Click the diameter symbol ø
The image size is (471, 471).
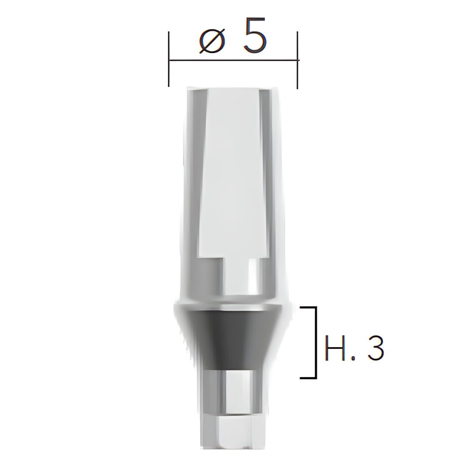click(x=212, y=41)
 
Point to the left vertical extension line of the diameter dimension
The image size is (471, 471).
click(x=169, y=59)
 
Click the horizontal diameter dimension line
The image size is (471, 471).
click(x=233, y=60)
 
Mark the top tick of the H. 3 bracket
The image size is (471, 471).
click(x=308, y=307)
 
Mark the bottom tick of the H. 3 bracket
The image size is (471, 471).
click(x=308, y=377)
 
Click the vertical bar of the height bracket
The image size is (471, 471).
click(x=316, y=342)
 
